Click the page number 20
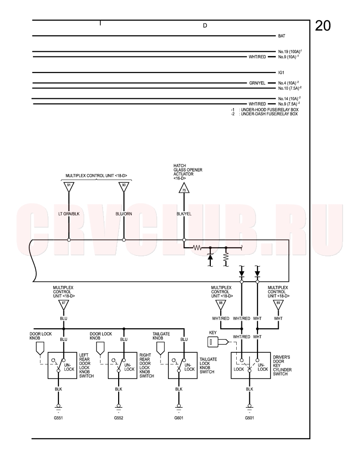point(323,26)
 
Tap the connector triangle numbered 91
point(69,186)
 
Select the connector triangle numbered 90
point(124,186)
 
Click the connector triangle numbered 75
point(184,188)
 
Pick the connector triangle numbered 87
point(64,304)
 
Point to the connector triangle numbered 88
point(221,304)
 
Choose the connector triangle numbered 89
point(278,304)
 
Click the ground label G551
point(58,418)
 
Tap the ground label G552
point(119,418)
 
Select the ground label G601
point(179,418)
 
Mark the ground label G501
point(249,418)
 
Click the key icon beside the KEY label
point(218,341)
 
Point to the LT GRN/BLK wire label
point(69,214)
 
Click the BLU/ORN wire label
point(124,214)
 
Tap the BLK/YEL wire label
point(184,214)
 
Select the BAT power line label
point(281,36)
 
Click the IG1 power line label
point(281,73)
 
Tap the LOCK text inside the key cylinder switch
point(239,369)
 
